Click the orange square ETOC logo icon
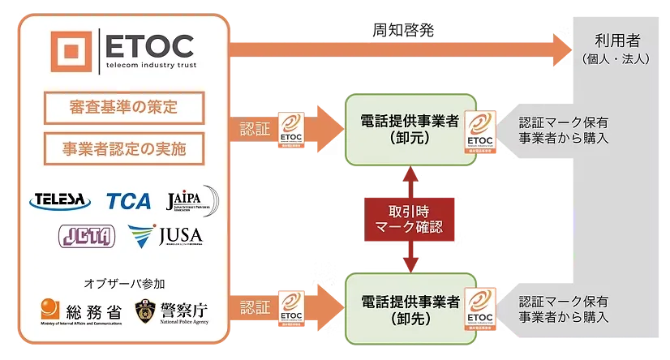70,51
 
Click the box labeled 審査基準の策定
122,107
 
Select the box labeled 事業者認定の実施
122,148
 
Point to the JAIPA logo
191,199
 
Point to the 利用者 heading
614,41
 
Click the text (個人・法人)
614,59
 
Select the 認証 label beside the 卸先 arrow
256,307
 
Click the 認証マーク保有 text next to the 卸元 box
565,122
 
